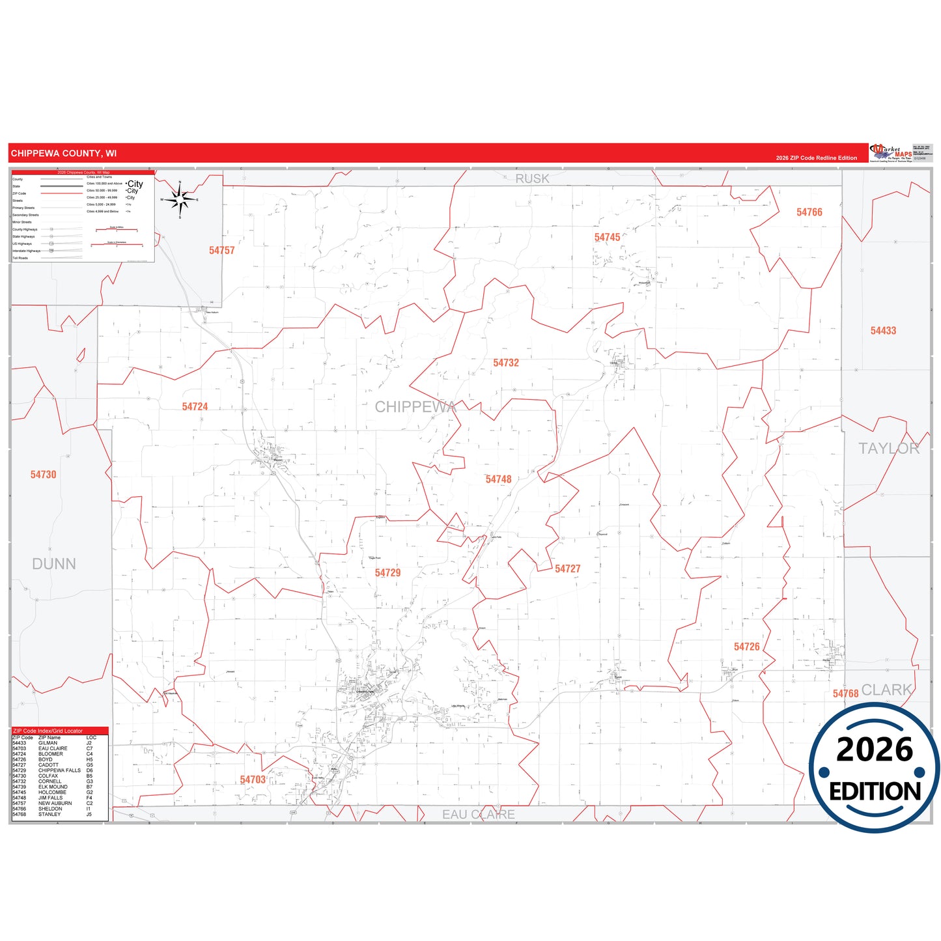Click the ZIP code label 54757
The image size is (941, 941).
point(221,251)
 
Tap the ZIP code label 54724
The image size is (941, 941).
point(195,407)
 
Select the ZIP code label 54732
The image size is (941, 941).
point(506,363)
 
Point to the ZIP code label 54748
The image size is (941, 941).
point(498,479)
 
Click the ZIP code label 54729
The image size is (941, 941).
point(387,573)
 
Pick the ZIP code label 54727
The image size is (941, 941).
point(567,569)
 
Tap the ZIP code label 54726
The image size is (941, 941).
point(746,647)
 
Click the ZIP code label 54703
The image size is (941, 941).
point(253,780)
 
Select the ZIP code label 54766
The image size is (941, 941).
point(809,212)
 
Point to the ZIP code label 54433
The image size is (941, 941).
point(883,331)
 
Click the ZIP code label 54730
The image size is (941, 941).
point(43,475)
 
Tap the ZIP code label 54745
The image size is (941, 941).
point(607,238)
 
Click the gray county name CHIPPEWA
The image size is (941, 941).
point(415,407)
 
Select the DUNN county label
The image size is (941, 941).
point(54,564)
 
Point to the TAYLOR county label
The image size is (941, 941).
point(888,449)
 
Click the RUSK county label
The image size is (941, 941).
point(532,178)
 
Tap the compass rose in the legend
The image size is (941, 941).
point(180,199)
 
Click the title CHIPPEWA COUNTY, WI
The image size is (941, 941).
point(64,154)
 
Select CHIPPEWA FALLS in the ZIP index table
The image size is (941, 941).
point(59,770)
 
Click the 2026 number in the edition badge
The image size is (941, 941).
point(875,750)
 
